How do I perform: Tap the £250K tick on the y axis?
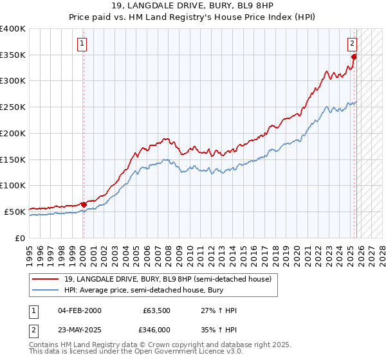tap(13, 107)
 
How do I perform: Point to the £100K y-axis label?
tap(13, 185)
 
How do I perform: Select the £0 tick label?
tap(19, 238)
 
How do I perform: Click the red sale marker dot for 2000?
tap(84, 204)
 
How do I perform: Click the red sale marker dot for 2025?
tap(354, 57)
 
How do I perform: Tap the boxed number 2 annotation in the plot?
tap(353, 44)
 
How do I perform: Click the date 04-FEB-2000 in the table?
tap(79, 310)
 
